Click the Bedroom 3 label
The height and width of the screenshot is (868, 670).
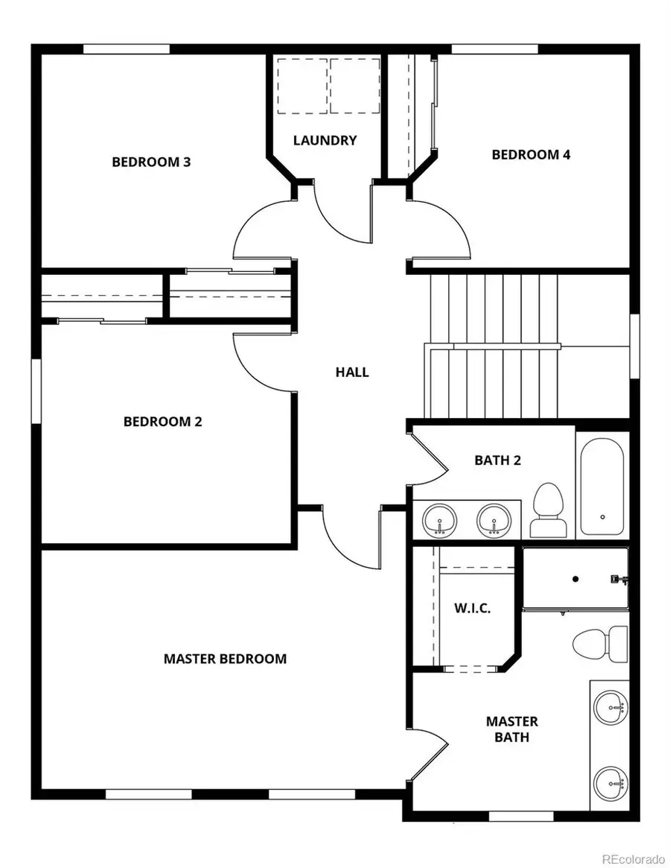coord(151,162)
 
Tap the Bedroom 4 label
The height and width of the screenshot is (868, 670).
coord(531,154)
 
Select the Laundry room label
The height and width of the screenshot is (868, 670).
coord(325,140)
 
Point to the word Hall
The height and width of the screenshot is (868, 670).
coord(352,372)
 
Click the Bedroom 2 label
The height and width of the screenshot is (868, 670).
coord(162,421)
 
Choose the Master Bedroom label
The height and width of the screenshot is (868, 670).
coord(225,659)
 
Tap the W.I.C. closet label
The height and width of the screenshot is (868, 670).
coord(472,608)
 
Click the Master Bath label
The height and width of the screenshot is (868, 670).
coord(512,729)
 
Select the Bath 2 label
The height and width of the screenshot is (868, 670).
coord(497,460)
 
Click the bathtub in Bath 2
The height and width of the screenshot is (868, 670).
coord(602,485)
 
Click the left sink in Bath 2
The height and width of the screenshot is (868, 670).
coord(440,519)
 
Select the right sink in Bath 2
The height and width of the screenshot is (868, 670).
coord(493,519)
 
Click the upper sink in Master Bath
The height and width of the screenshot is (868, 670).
coord(610,703)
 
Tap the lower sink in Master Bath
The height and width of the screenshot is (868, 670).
coord(610,782)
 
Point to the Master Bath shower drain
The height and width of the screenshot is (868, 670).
coord(575,578)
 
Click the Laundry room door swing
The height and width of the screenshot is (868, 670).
coord(339,212)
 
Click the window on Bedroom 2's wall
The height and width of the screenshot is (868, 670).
coord(35,391)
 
